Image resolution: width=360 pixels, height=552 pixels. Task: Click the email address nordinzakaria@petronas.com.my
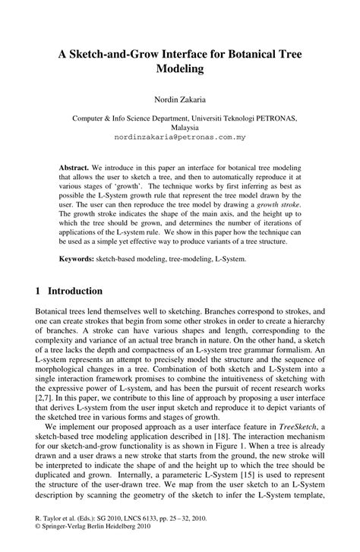[x=179, y=140]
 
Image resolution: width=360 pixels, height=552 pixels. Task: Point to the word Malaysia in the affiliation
[x=179, y=129]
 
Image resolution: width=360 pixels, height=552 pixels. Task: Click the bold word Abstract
[x=74, y=166]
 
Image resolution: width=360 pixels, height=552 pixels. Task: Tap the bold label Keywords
[x=77, y=259]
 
